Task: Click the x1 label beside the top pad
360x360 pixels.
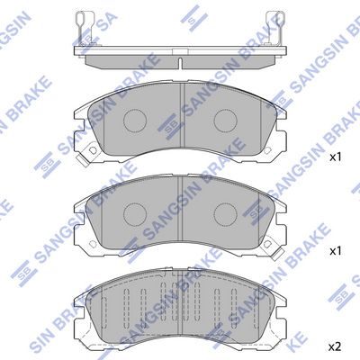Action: point(336,157)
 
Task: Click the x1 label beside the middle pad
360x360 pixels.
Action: point(336,251)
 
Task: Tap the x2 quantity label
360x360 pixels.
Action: point(336,347)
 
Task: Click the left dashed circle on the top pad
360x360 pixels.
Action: point(135,121)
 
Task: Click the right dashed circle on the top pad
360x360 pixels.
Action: point(226,121)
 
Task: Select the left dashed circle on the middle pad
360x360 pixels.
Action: point(135,214)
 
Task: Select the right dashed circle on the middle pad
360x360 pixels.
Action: point(226,214)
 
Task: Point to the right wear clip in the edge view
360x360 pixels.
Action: point(275,28)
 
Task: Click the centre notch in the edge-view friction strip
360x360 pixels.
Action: point(180,62)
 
